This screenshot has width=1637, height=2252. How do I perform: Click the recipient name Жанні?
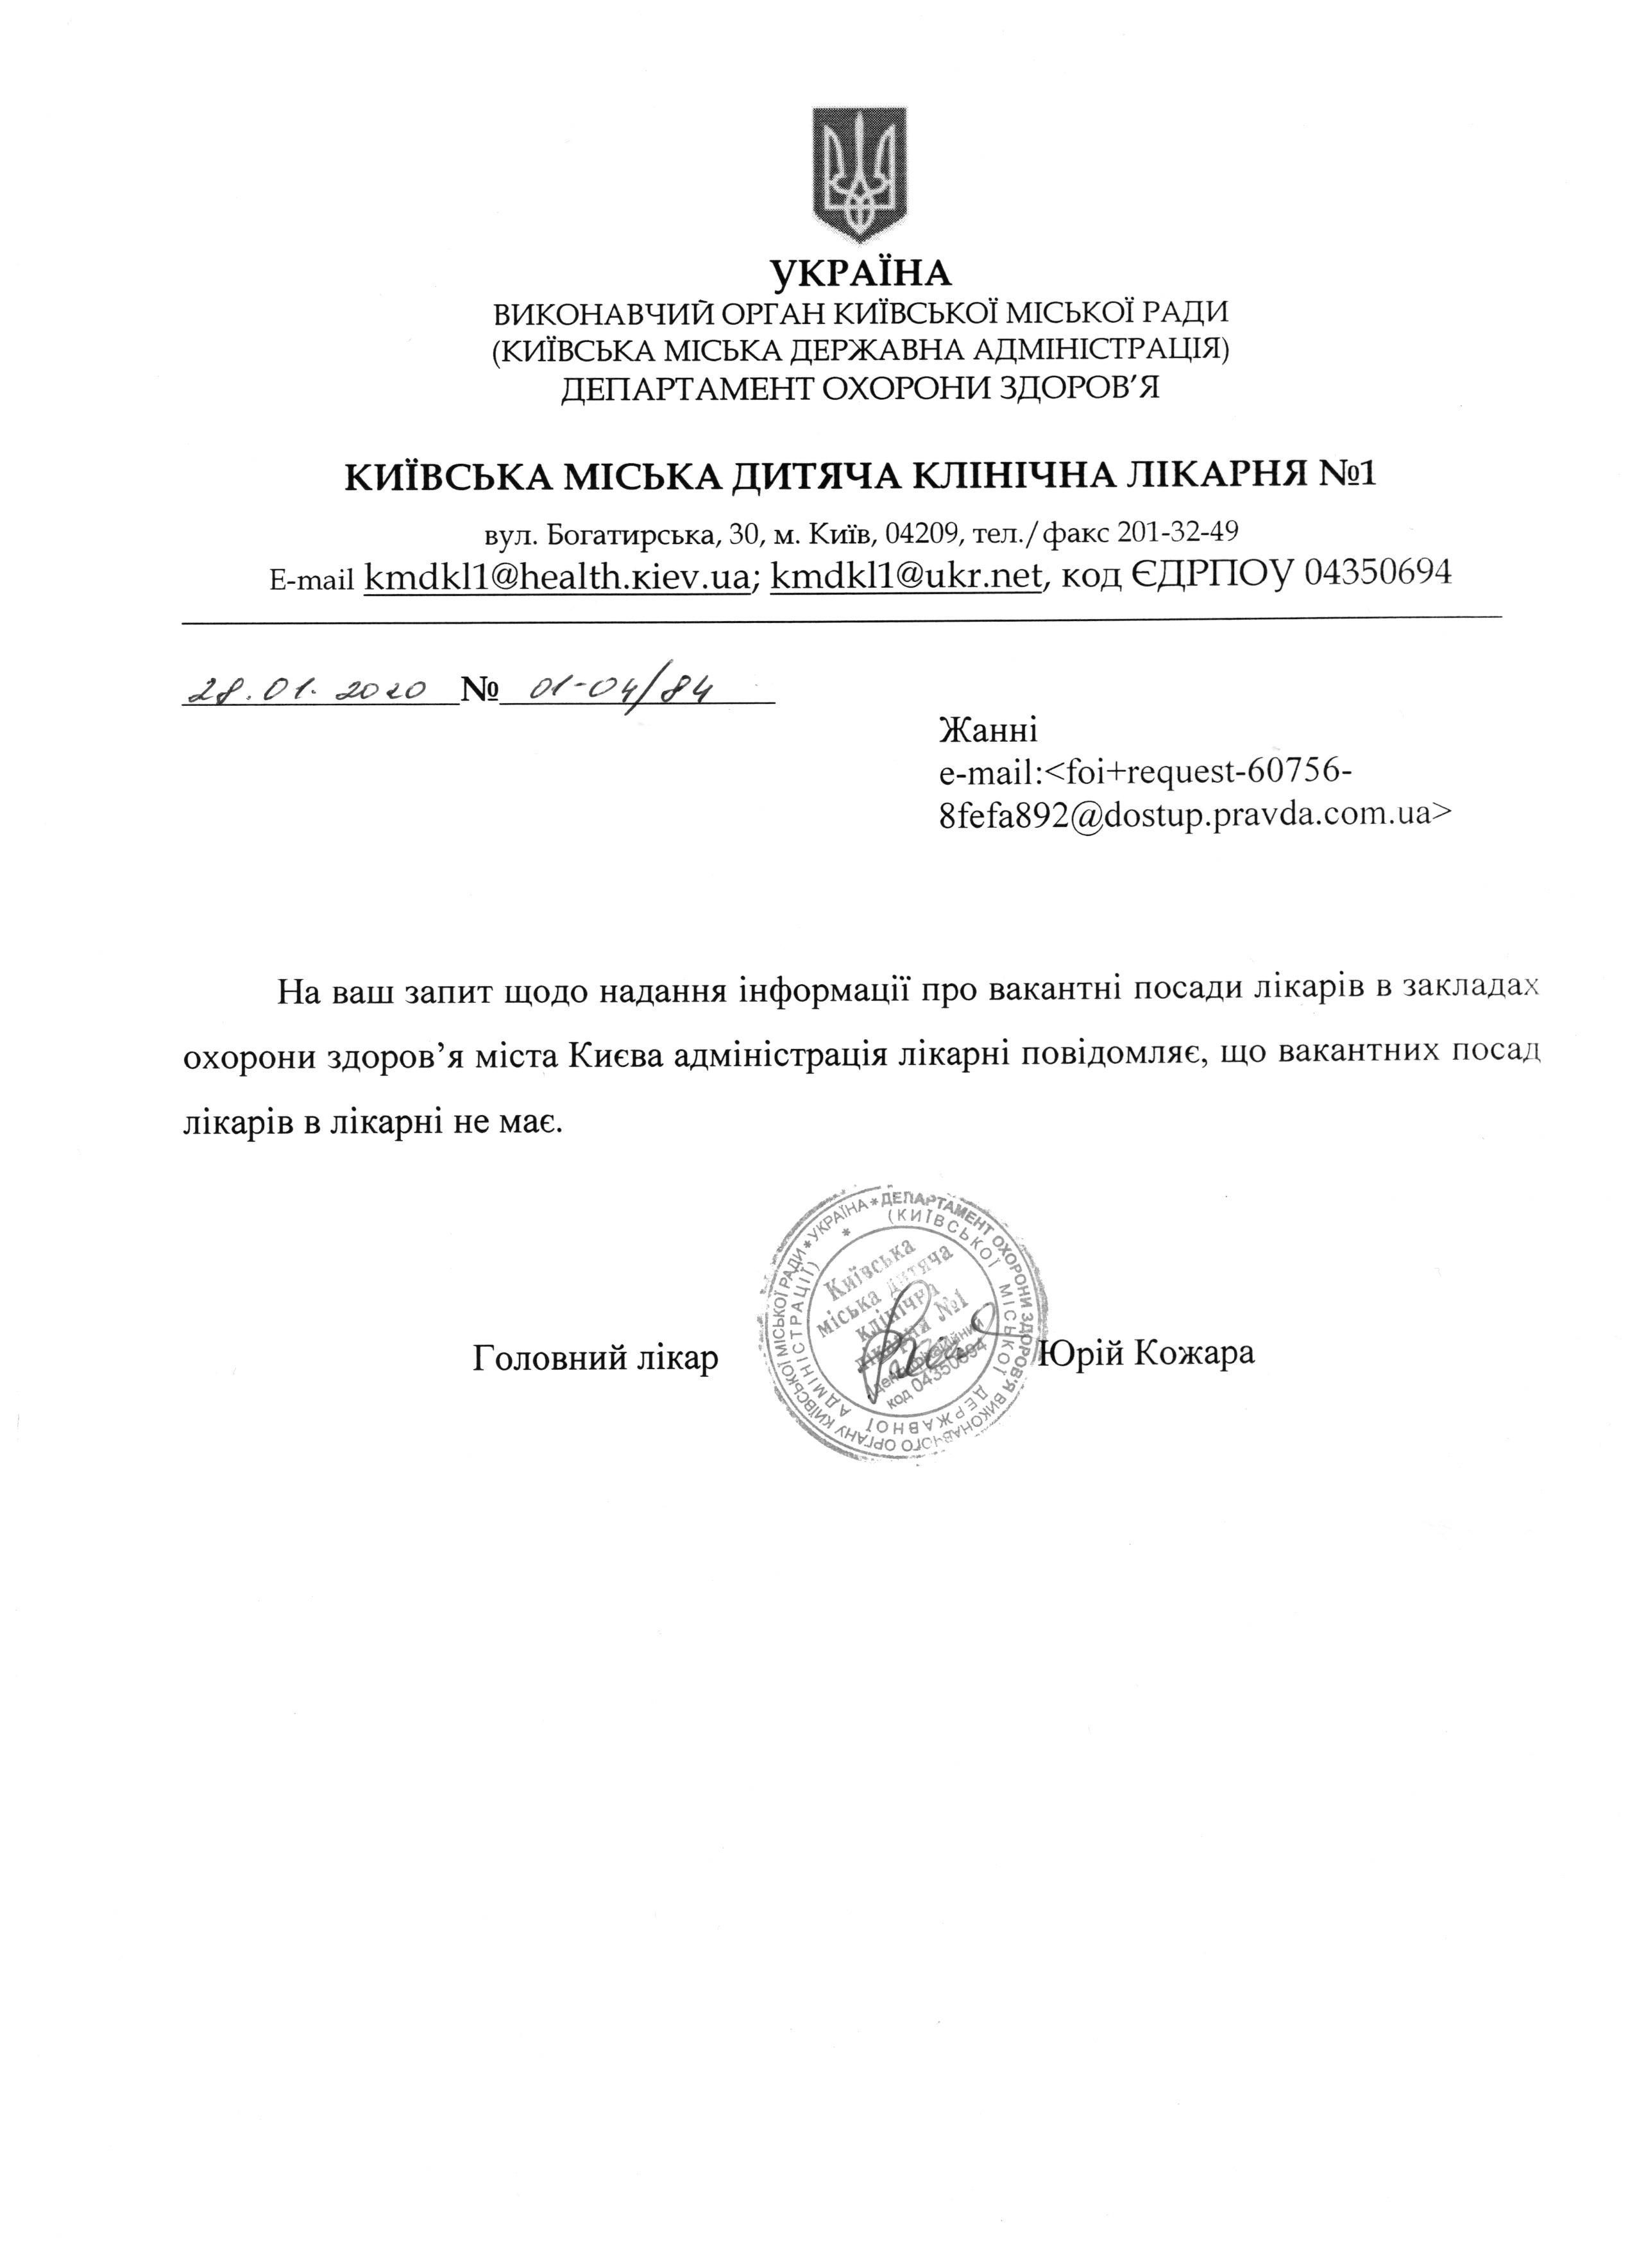988,731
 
